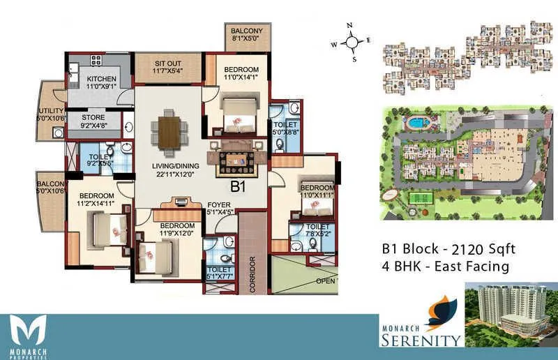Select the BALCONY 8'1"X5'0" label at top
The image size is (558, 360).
pyautogui.click(x=248, y=36)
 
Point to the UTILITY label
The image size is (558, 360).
pyautogui.click(x=51, y=114)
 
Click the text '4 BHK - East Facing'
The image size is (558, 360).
pyautogui.click(x=444, y=267)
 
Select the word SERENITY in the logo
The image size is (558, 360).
pyautogui.click(x=421, y=340)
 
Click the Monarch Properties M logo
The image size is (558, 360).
pyautogui.click(x=29, y=331)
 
